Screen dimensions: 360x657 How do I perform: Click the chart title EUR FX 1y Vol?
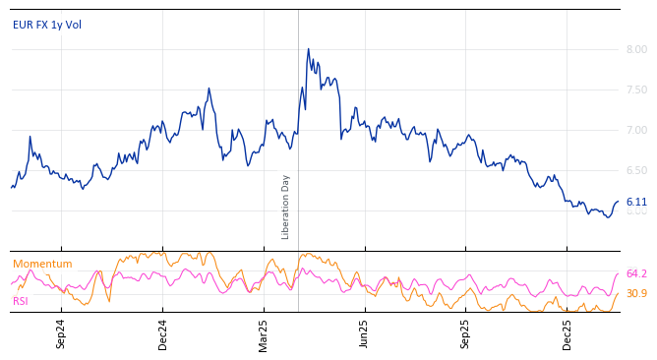(47, 25)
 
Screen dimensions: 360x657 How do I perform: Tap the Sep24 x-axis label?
(61, 334)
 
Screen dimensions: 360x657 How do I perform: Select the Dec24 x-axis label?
(163, 334)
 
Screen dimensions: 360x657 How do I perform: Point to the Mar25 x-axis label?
(264, 334)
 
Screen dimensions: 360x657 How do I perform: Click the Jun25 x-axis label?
(364, 334)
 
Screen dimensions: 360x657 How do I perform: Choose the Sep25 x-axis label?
(466, 334)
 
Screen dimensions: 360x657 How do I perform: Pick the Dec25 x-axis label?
(567, 334)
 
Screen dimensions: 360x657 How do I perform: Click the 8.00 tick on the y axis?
(636, 49)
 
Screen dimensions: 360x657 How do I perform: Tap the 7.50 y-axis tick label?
(636, 90)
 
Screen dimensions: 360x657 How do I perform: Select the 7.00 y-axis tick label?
(636, 130)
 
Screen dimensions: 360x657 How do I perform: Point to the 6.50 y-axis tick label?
(636, 170)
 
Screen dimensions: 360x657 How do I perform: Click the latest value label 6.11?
(636, 202)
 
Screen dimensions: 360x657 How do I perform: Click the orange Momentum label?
(42, 264)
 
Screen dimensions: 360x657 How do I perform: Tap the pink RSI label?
(21, 301)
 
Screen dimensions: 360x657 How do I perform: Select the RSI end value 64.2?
(636, 273)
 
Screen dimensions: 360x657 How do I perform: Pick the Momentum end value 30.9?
(636, 293)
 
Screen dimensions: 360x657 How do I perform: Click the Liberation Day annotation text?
(286, 207)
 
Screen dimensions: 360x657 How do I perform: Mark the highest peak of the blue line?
(308, 49)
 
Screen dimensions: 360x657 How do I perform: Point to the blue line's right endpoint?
(619, 202)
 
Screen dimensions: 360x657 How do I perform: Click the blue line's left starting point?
(11, 187)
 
